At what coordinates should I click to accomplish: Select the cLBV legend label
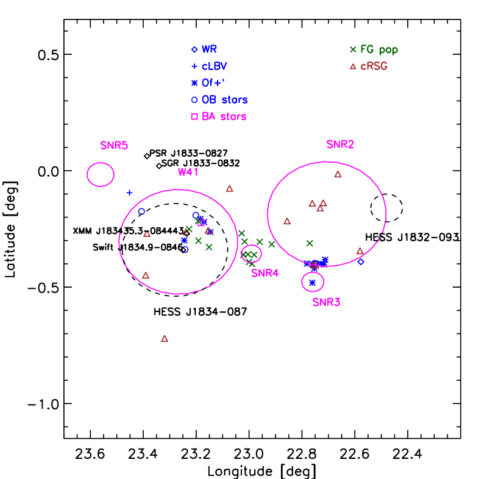(214, 66)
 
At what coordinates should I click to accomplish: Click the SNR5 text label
(114, 146)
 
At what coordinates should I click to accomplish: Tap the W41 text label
(188, 172)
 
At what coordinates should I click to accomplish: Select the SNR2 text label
(340, 144)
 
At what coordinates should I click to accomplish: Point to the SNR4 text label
(265, 273)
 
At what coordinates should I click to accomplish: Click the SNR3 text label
(327, 302)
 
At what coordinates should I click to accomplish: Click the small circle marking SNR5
(101, 174)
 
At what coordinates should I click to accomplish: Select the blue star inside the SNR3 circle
(313, 282)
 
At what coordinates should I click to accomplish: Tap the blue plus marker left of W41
(129, 193)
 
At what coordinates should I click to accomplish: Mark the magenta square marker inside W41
(201, 223)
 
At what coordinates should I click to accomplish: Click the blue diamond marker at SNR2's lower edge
(360, 262)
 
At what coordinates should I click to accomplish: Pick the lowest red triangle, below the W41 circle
(165, 338)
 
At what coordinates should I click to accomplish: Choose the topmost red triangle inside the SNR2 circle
(338, 174)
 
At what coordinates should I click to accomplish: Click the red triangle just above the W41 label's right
(229, 189)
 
